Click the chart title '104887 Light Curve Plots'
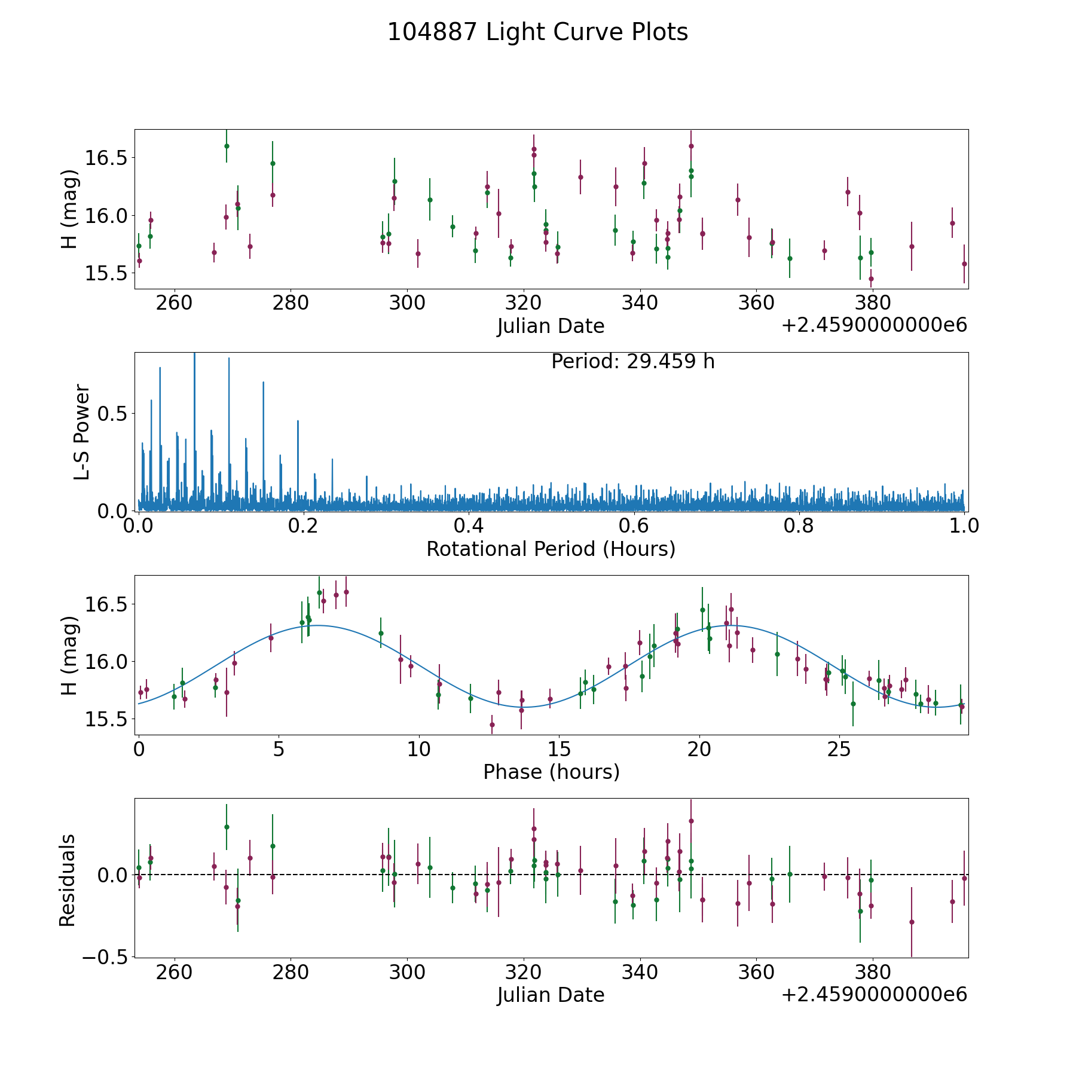[537, 32]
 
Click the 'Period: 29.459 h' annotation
[632, 362]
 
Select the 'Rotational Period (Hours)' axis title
[551, 549]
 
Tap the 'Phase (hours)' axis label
[551, 772]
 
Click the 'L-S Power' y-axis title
[82, 432]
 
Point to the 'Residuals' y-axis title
[68, 880]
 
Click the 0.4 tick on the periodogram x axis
[469, 527]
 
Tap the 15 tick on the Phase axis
[559, 750]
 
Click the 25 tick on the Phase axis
[839, 750]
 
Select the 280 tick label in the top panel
[291, 304]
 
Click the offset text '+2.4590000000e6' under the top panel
[874, 326]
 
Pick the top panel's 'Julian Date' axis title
[551, 326]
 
